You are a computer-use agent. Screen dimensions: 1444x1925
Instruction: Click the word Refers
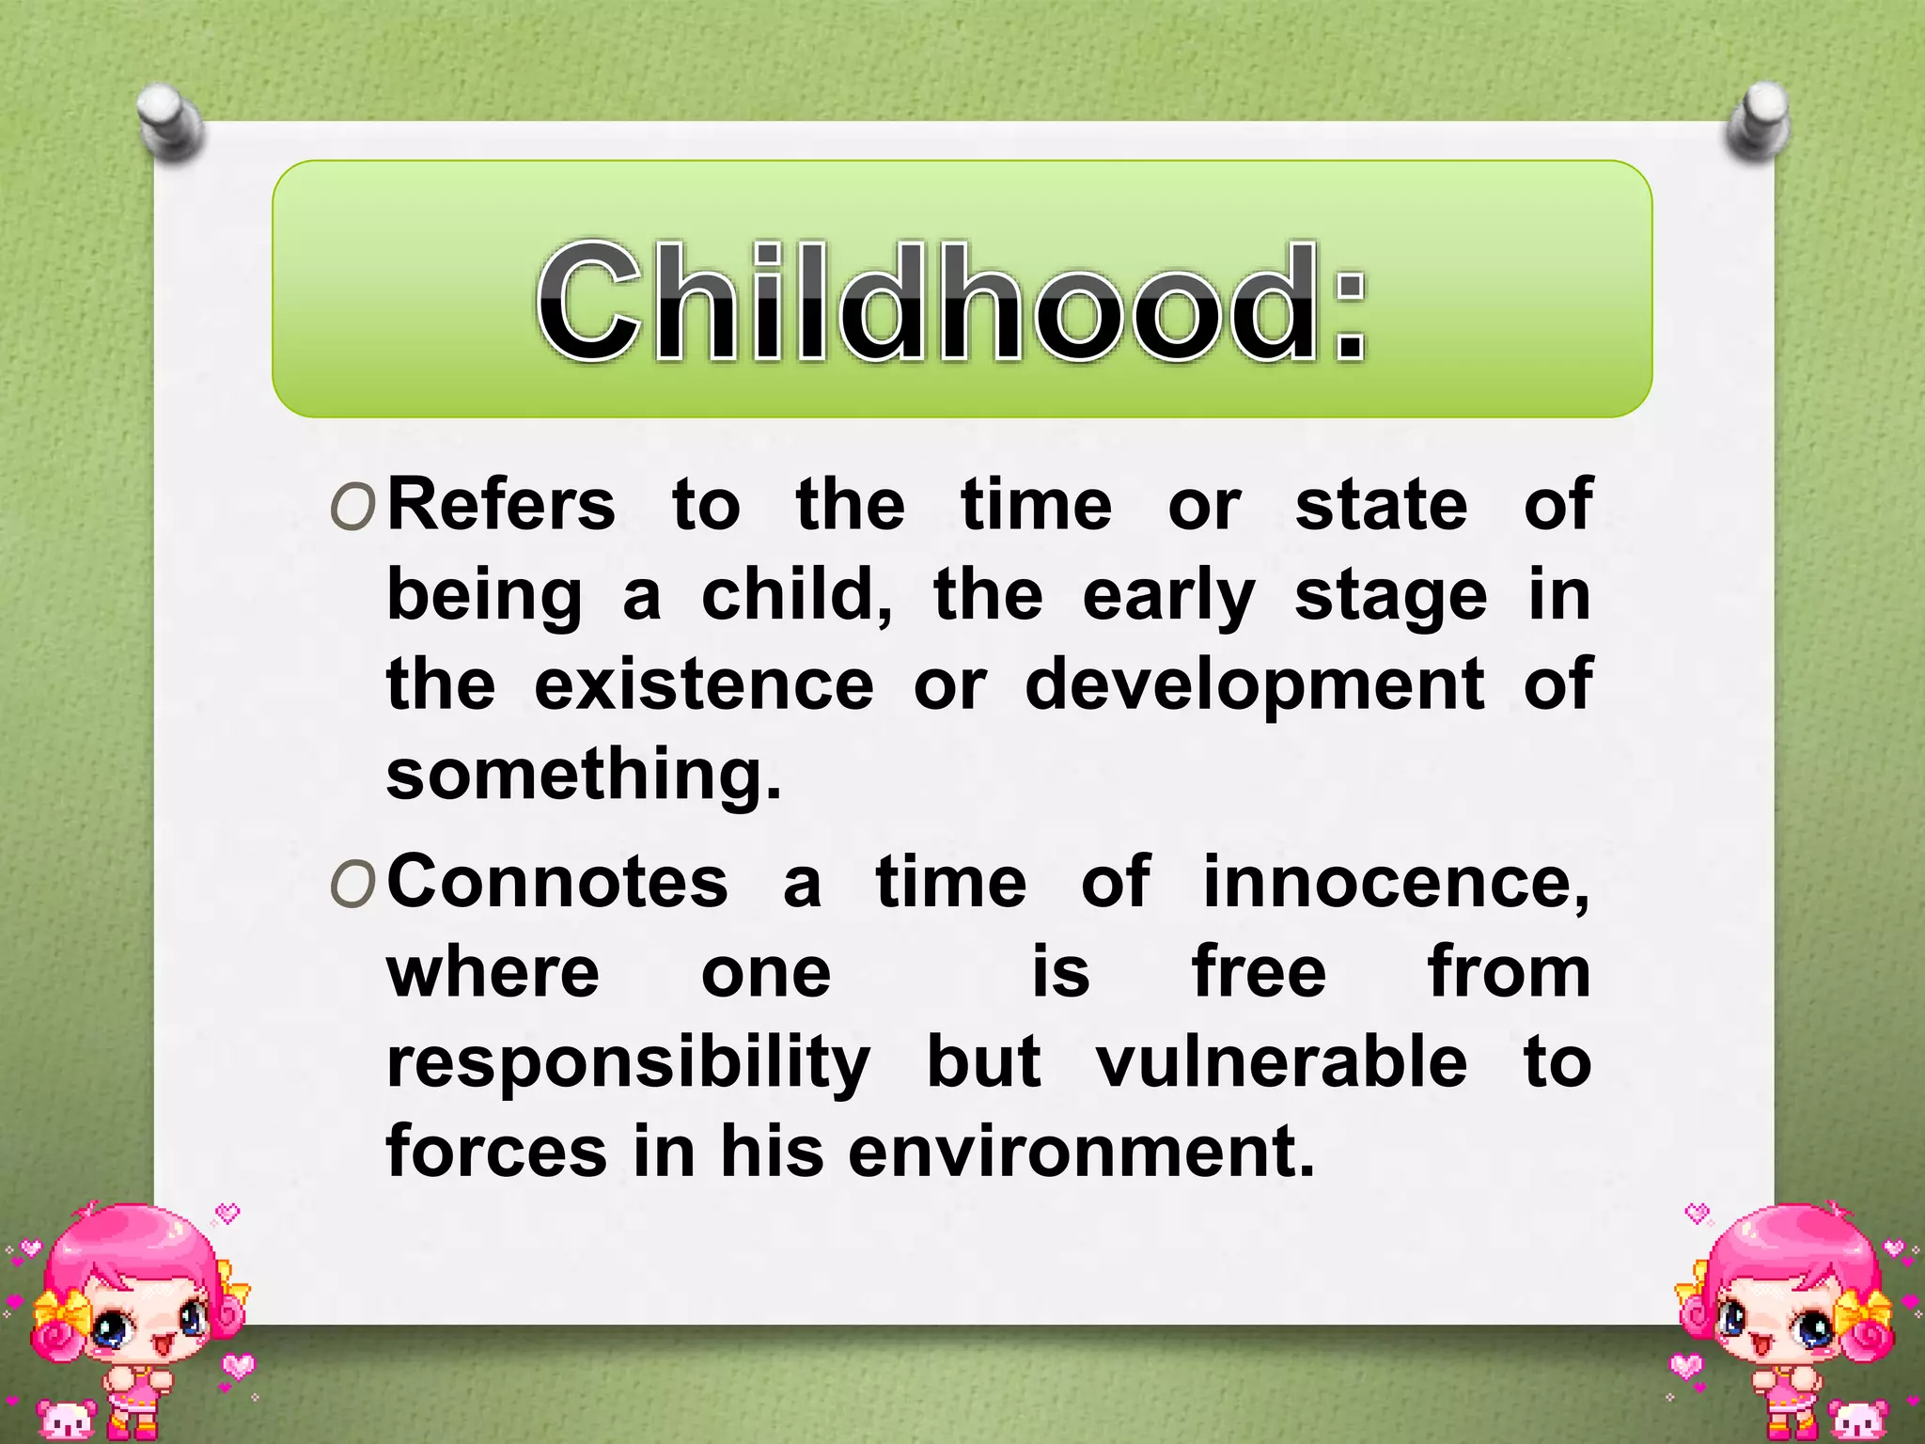[x=501, y=506]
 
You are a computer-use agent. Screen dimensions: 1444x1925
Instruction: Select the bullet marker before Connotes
[x=353, y=886]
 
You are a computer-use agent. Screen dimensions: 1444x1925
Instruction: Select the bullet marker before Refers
[x=353, y=509]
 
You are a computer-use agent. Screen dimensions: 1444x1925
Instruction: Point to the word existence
[x=704, y=685]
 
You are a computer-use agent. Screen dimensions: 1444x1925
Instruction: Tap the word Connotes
[x=557, y=883]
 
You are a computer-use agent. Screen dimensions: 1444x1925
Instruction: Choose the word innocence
[x=1395, y=883]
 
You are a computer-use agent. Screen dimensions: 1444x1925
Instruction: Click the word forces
[x=497, y=1152]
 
